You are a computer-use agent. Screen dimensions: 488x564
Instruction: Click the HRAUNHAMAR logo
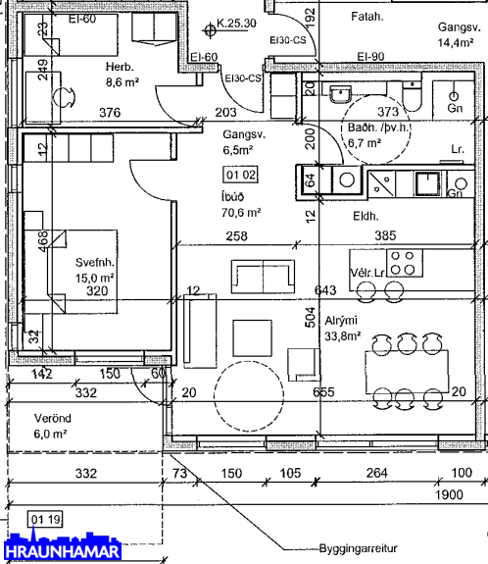coord(62,546)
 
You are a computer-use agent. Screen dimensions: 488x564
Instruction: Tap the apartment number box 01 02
coord(240,175)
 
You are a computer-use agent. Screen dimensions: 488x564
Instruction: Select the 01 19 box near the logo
coord(45,520)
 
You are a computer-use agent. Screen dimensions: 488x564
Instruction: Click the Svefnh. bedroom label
coord(95,262)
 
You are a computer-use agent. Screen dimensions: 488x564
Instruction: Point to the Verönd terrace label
coord(53,418)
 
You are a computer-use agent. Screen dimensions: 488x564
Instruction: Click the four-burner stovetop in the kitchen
coord(405,263)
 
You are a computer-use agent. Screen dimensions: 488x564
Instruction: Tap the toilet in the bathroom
coord(412,95)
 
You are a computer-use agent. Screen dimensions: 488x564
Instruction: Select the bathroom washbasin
coord(340,94)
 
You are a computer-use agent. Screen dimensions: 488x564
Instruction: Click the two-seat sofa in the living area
coord(263,277)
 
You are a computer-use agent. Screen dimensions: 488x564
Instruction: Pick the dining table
coord(407,372)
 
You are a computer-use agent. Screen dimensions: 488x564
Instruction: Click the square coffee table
coord(252,338)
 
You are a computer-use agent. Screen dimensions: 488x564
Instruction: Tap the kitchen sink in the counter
coord(427,183)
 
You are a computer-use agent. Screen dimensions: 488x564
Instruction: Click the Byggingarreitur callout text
coord(359,548)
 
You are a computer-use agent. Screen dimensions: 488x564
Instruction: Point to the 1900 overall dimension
coord(449,494)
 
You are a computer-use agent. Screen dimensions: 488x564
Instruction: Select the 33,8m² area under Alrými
coord(343,336)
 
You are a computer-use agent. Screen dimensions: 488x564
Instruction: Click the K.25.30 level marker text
coord(236,24)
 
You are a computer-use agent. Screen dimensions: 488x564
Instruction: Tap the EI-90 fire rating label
coord(370,57)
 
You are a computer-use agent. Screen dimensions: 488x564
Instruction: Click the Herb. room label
coord(120,67)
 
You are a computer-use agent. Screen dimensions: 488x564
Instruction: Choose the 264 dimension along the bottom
coord(377,472)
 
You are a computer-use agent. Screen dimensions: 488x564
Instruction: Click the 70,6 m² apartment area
coord(241,213)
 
